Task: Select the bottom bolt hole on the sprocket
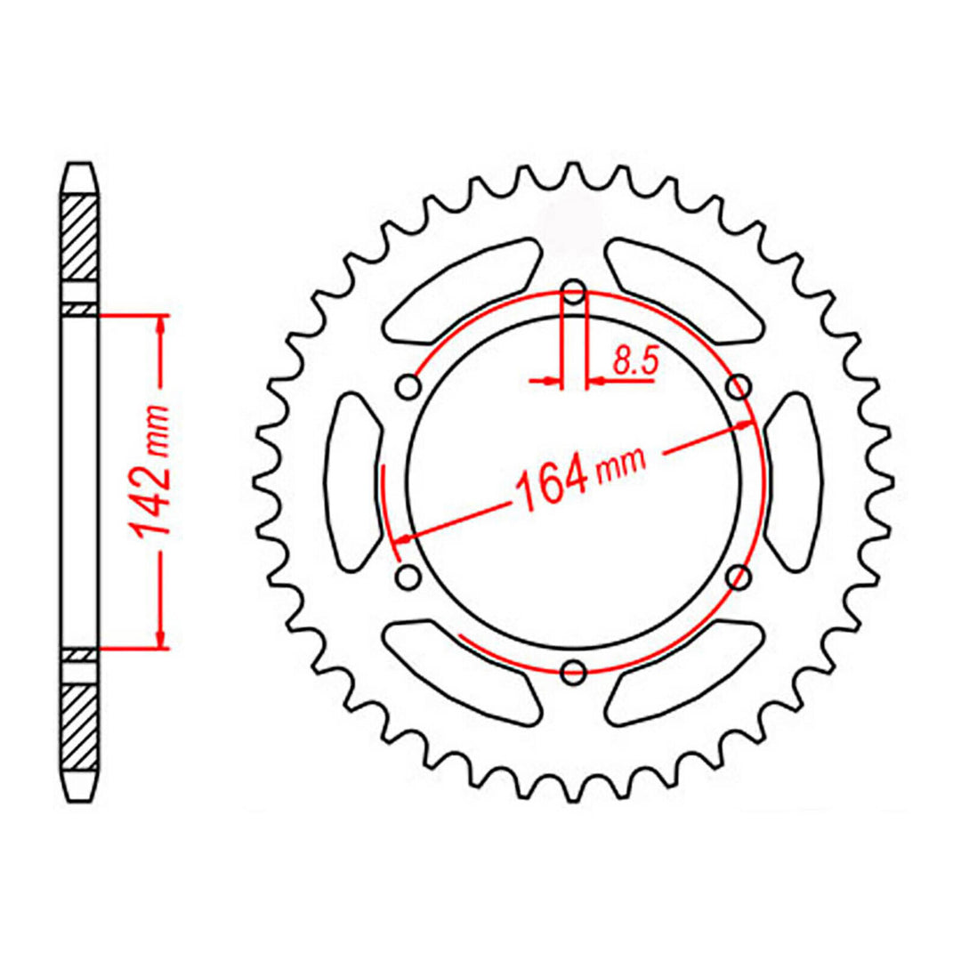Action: pos(575,670)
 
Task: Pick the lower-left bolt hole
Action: pos(409,577)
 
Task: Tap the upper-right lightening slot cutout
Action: pos(685,288)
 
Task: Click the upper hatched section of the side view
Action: pos(78,237)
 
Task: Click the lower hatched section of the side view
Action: pos(78,726)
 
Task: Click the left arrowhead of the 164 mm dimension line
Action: pos(402,538)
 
